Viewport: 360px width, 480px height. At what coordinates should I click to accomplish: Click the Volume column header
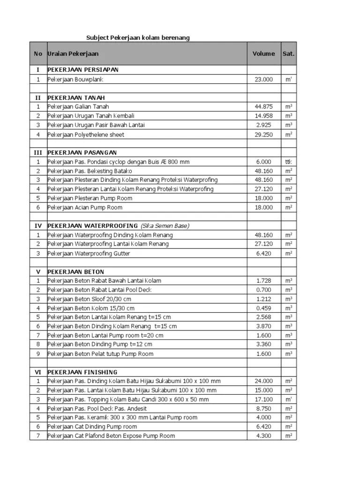263,53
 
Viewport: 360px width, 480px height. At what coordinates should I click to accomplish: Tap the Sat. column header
288,53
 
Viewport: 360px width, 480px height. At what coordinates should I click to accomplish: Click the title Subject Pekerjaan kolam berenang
138,37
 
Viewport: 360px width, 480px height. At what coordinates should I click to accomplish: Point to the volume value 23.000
263,80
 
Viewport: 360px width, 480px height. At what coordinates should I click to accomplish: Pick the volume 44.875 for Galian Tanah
263,107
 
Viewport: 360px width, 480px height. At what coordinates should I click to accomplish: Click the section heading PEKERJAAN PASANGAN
82,152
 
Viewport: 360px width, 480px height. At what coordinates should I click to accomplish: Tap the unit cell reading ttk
288,162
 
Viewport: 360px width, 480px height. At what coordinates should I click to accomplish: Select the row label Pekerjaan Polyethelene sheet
86,135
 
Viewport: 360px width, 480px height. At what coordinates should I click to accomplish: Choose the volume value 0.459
264,308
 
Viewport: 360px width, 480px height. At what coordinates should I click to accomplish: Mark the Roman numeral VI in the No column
38,372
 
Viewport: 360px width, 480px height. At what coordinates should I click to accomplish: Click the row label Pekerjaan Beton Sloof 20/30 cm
89,299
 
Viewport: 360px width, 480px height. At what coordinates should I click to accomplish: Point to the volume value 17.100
263,399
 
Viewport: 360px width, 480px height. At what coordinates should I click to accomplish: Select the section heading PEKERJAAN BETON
76,272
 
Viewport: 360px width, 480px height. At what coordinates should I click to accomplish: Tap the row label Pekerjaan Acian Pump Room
85,207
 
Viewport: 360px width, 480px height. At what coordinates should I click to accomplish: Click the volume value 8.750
264,408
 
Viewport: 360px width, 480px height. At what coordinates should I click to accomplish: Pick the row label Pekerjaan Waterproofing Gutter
89,253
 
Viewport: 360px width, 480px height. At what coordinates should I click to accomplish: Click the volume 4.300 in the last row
264,435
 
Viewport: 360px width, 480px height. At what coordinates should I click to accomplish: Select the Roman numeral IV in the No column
38,225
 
